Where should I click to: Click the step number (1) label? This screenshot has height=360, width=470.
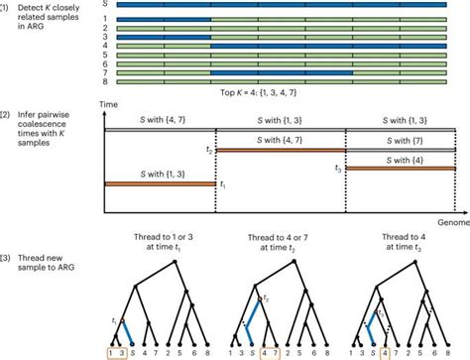pos(7,6)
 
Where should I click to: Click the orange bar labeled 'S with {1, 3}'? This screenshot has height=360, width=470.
pos(160,183)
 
